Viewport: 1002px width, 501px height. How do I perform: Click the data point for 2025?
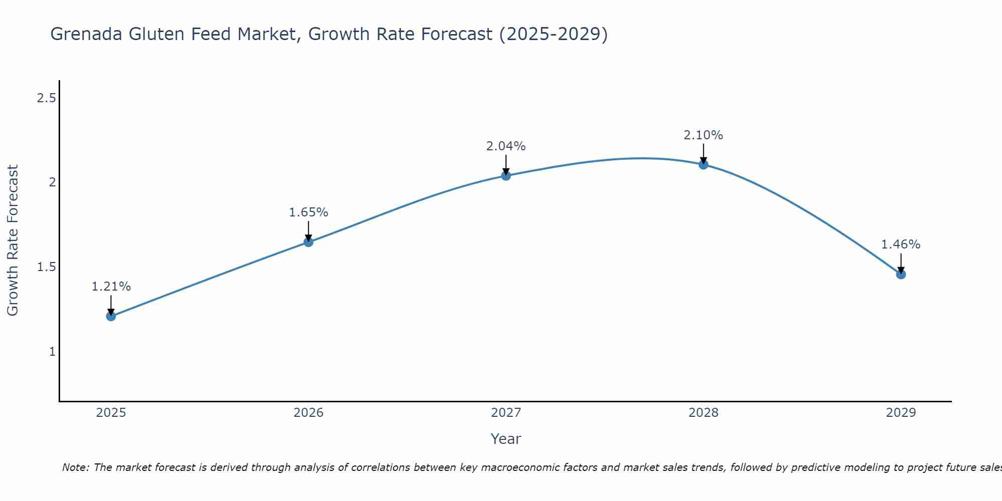(x=111, y=316)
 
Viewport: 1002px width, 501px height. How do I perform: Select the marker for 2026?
(x=309, y=242)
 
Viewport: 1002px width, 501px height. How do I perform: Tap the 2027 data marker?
(x=506, y=176)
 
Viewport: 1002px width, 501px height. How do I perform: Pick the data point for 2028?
(x=703, y=165)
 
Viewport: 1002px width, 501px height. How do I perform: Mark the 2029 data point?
(x=901, y=274)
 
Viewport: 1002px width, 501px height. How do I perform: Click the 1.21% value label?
(x=111, y=287)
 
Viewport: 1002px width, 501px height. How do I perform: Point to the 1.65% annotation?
(x=309, y=212)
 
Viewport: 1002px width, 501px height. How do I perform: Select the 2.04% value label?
(x=506, y=146)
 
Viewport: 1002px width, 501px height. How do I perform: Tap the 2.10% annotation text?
(x=703, y=135)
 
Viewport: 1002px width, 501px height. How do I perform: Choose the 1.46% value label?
(x=901, y=244)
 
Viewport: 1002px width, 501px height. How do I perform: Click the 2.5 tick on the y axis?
(x=46, y=98)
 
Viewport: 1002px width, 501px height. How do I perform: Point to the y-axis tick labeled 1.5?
(x=46, y=267)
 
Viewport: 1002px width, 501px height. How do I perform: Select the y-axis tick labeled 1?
(x=52, y=352)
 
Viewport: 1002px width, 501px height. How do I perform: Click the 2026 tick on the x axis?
(x=309, y=413)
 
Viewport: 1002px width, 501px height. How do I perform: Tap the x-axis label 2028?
(x=703, y=413)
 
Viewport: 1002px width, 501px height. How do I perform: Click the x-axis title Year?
(x=506, y=439)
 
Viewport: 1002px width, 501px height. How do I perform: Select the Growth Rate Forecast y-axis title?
(x=13, y=240)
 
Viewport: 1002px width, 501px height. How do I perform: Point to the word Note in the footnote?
(x=75, y=467)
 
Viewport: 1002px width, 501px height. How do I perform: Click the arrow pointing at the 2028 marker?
(x=703, y=153)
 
